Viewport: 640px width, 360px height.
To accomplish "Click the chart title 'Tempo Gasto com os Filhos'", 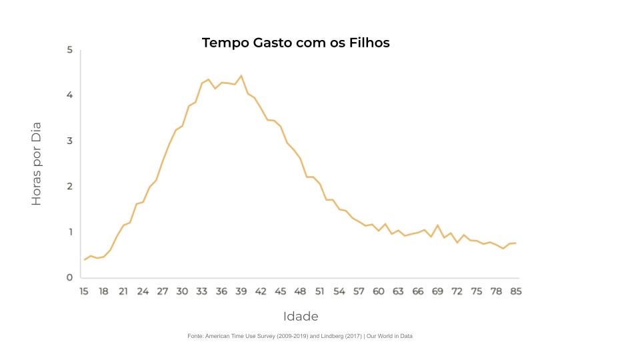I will (295, 43).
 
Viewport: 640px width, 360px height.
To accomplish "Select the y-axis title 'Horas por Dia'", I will (37, 163).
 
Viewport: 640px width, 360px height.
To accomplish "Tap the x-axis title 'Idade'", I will (301, 316).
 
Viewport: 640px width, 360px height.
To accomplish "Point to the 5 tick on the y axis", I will (70, 50).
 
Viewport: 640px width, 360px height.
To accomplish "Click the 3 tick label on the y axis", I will (70, 141).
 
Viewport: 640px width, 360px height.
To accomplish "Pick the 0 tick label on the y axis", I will (70, 277).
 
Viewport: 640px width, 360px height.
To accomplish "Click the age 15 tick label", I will (84, 291).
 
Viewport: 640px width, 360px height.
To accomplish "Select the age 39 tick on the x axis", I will (241, 291).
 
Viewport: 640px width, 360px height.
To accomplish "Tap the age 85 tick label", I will (515, 291).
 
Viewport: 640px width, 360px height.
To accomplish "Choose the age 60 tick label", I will (378, 291).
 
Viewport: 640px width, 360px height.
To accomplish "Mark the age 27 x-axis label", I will (163, 291).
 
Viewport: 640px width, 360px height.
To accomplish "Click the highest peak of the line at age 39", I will (241, 76).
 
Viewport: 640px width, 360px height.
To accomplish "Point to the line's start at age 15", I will (85, 259).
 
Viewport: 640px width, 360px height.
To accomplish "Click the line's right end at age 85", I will (515, 243).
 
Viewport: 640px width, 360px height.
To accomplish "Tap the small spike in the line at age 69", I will (437, 225).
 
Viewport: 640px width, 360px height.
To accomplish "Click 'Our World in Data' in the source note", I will (390, 336).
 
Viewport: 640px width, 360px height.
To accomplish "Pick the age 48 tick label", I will (300, 291).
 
